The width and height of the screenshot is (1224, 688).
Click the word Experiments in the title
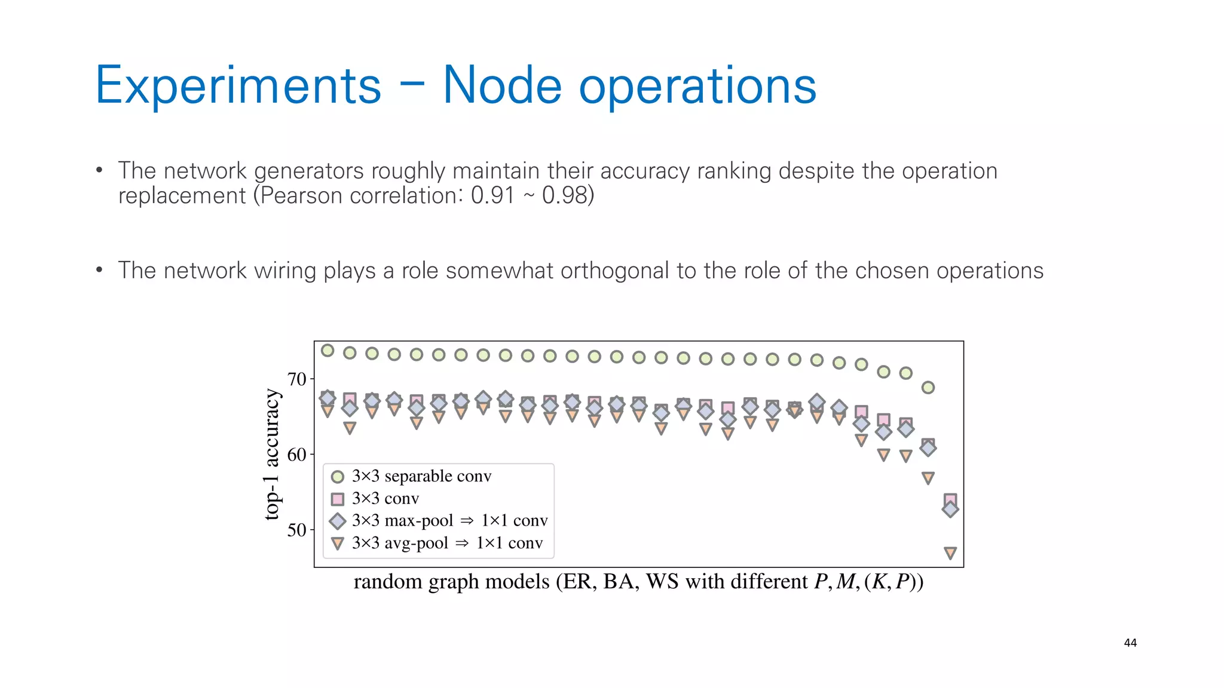238,86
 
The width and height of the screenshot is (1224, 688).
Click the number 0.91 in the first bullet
492,196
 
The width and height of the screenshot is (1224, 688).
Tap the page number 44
1130,643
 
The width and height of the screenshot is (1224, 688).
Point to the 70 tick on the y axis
296,379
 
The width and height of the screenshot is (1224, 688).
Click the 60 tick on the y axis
296,455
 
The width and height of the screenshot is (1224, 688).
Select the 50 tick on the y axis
296,530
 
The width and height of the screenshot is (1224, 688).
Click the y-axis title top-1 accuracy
272,454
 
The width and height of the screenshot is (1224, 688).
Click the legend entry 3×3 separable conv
421,476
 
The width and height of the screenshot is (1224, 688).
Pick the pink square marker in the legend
338,499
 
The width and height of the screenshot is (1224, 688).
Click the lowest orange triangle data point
950,552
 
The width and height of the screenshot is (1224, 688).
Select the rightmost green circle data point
928,388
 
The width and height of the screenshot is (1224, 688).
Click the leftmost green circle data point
328,351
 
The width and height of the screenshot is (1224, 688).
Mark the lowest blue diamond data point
950,509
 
